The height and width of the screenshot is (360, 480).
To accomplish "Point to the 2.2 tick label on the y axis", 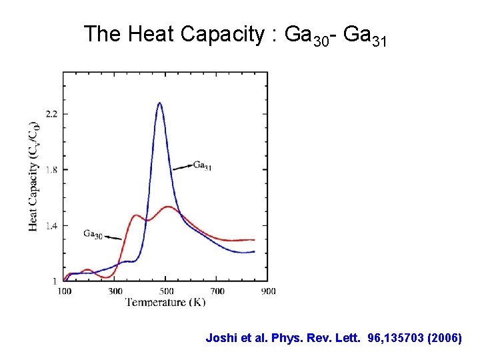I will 51,114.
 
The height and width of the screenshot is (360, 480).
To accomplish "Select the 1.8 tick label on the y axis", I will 51,170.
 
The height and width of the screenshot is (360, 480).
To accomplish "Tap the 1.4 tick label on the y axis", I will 51,226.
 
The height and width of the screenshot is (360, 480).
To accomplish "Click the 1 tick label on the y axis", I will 55,281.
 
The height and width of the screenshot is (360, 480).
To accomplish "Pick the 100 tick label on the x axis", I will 64,291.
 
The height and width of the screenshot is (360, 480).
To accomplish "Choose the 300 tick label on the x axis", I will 115,291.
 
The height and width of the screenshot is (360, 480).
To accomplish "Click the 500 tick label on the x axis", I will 166,291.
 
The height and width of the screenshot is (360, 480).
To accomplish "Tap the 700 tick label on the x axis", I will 217,291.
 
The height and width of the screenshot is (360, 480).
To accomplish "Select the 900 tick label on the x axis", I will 267,291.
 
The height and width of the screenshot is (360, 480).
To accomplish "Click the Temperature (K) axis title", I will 165,302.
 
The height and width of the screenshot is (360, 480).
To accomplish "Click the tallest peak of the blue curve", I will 159,103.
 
